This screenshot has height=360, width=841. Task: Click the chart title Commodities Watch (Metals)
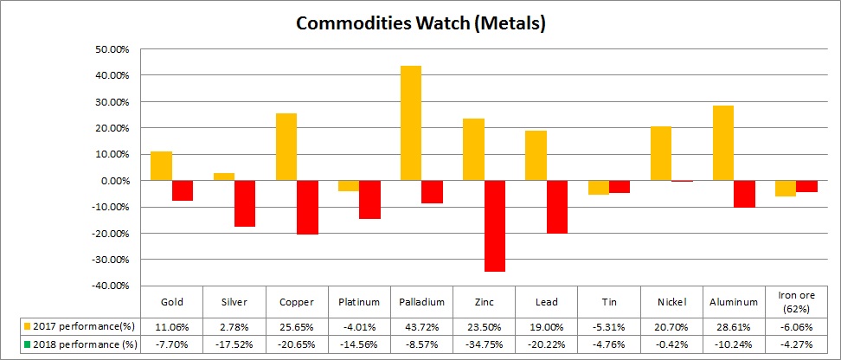[420, 23]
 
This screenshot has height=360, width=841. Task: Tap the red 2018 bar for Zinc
[495, 226]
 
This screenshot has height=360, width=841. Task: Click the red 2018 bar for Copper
[306, 208]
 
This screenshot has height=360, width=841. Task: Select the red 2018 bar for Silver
[244, 203]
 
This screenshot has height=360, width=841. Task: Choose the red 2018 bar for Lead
[556, 207]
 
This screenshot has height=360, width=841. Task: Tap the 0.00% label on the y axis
[112, 181]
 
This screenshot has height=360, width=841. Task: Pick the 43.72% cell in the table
[422, 326]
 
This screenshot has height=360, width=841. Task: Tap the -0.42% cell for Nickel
[671, 344]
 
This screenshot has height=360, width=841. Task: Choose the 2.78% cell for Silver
[234, 326]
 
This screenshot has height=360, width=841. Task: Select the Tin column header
[609, 302]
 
